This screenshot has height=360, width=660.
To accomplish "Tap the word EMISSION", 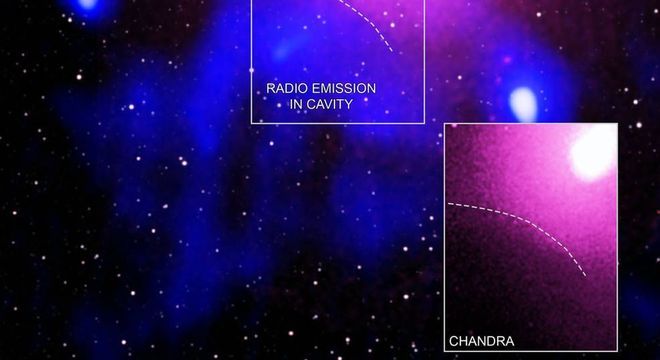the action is pos(343,89).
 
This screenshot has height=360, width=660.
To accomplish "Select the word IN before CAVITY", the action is pos(295,104).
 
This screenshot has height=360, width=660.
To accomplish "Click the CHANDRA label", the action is pos(482,341).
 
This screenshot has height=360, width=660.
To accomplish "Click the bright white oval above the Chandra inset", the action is pos(524,104).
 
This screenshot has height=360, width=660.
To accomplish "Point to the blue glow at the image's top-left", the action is pos(88,4).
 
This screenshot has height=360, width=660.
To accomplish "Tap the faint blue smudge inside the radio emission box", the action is pos(282,52).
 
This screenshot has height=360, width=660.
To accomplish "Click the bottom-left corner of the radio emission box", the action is pos(252,123).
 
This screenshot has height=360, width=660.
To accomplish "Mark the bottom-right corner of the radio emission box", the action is pos(424,123).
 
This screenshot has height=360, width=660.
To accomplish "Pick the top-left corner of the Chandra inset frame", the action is pos(444,124).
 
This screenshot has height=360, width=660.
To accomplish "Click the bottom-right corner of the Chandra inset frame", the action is pos(617,351).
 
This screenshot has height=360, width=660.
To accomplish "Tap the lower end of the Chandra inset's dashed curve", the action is pos(586,277).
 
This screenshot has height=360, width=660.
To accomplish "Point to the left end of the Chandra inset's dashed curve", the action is pos(448,203).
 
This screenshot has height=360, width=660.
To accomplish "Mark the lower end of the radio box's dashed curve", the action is pos(393,52).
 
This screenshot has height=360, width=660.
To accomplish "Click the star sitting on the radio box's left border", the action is pos(252,70).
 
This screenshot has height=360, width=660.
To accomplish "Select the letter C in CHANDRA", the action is pos(454,341).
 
